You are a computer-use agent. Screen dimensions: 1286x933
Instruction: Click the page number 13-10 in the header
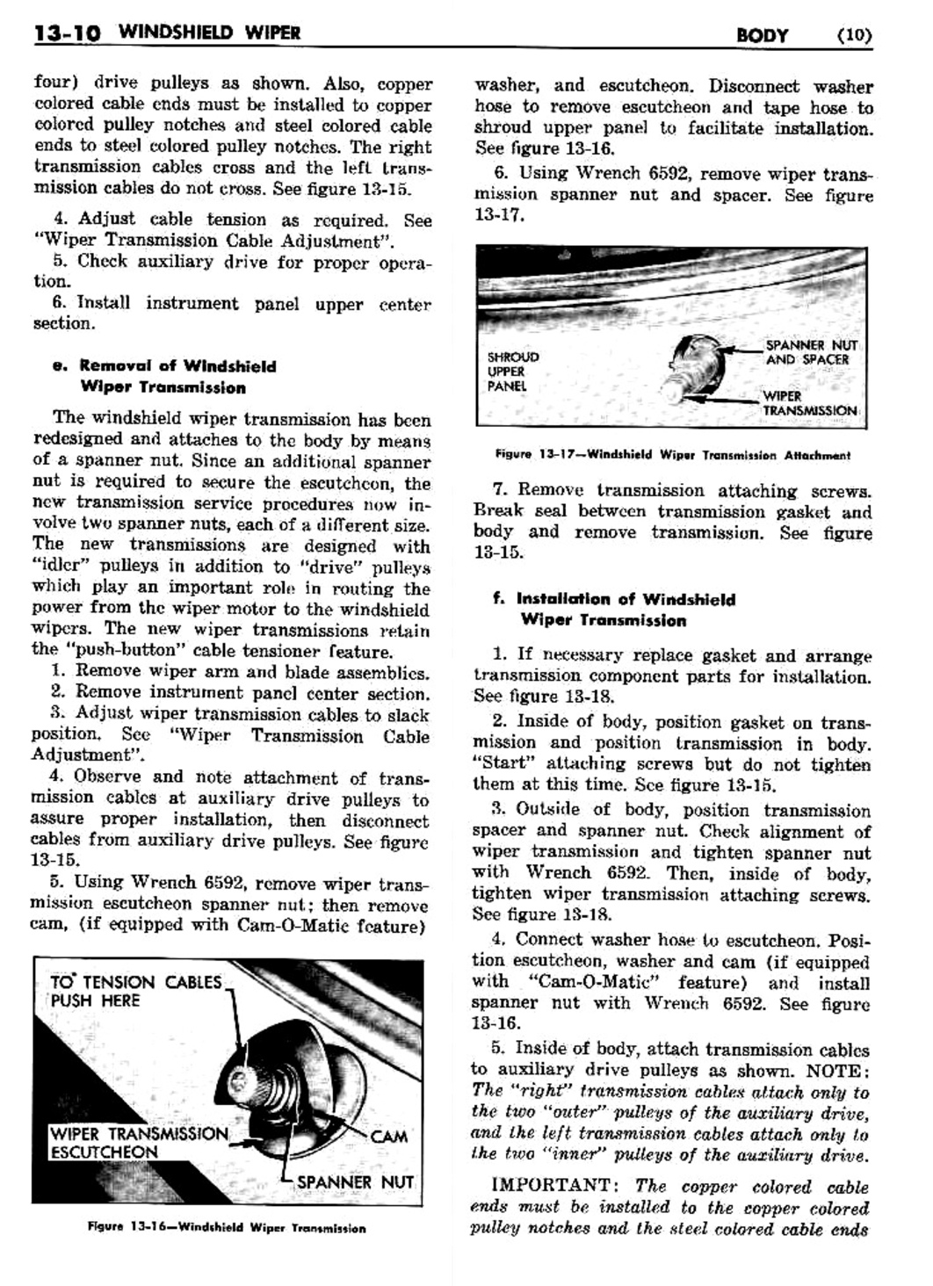coord(67,33)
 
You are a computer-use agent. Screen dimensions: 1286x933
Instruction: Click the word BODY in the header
coord(762,36)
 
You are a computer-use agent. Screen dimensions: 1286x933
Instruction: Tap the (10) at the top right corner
coord(854,36)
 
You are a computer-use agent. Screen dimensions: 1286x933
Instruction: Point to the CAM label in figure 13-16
coord(388,1136)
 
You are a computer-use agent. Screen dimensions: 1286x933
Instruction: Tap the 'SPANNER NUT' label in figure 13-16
coord(355,1181)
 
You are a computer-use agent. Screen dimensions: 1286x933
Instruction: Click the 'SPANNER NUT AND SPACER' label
coord(811,352)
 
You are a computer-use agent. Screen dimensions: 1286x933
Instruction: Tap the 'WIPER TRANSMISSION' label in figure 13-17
coord(809,403)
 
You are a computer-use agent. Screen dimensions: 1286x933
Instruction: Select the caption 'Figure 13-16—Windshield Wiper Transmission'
coord(227,1228)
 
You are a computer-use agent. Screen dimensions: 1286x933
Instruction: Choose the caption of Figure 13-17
coord(672,455)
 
